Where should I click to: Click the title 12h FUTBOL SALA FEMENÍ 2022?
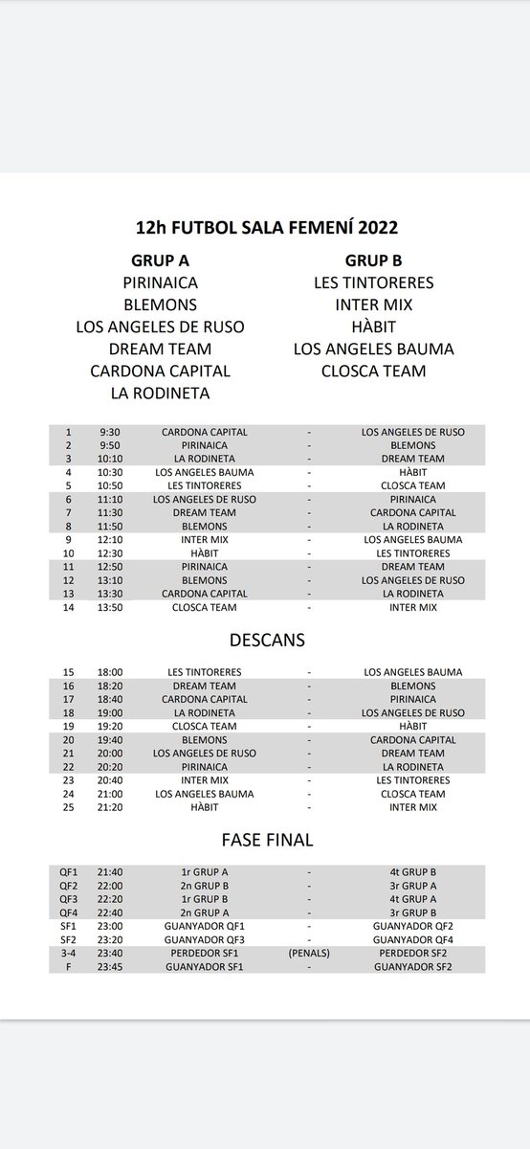pos(265,230)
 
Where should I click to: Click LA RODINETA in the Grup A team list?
pos(161,393)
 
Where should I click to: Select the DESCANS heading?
pos(265,637)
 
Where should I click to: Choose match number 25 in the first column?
pos(68,807)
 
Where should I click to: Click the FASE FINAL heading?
pos(265,841)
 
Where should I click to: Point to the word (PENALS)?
pos(309,954)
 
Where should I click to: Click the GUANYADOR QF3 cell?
pos(199,940)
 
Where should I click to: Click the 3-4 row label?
pos(67,954)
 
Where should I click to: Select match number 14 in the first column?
pos(68,606)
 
